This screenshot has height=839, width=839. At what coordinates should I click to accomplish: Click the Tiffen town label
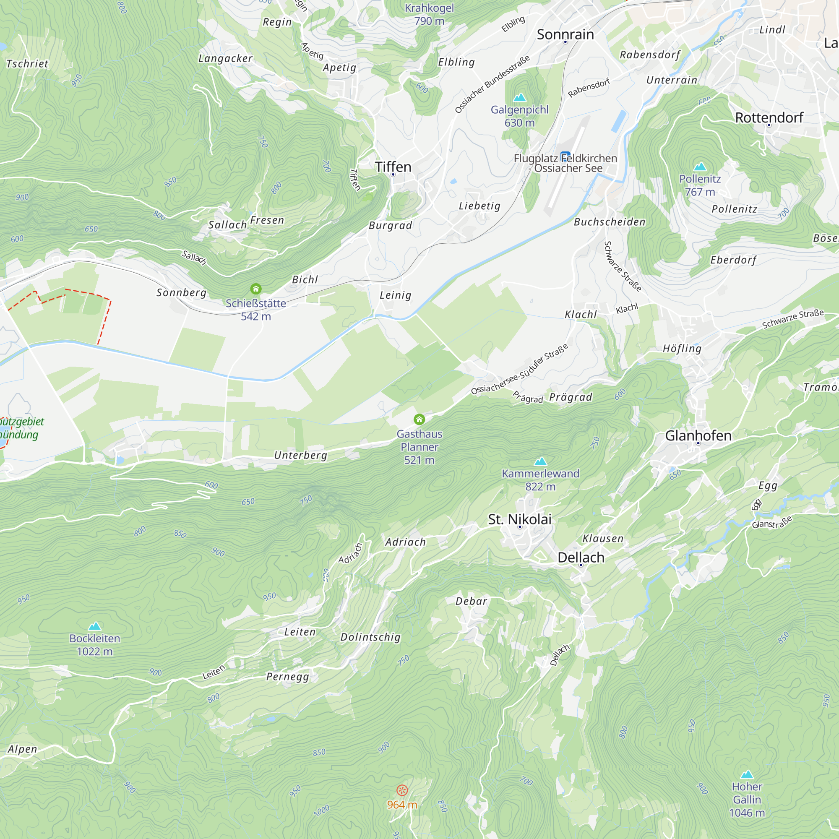coord(393,167)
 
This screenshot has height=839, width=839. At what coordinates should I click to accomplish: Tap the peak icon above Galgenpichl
coord(519,97)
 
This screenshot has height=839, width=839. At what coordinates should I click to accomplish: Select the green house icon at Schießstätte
coord(256,289)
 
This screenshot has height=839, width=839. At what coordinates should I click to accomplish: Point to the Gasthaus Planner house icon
coord(419,419)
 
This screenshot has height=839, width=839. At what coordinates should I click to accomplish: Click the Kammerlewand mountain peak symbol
coord(540,461)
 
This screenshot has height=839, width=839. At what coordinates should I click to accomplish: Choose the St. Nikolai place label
coord(519,519)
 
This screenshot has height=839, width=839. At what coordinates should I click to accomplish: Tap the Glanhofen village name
coord(698,435)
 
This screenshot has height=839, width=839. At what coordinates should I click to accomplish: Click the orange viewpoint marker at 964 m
coord(402,790)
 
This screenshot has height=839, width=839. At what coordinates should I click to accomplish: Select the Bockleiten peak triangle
coord(95,626)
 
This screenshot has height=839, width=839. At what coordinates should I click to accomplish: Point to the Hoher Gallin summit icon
coord(747,774)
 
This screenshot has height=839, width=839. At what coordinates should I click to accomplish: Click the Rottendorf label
coord(769,118)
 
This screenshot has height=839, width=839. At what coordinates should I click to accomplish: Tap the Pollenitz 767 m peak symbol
coord(700,167)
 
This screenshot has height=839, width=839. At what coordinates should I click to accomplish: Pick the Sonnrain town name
coord(565,35)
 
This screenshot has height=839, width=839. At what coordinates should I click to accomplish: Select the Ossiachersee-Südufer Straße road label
coord(519,369)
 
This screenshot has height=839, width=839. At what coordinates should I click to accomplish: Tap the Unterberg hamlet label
coord(300,455)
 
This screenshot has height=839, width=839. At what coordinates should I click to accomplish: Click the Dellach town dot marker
coord(581,565)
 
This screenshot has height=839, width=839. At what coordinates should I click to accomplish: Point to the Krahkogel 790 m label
coord(429,14)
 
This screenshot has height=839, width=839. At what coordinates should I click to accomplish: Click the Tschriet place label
coord(27,64)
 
